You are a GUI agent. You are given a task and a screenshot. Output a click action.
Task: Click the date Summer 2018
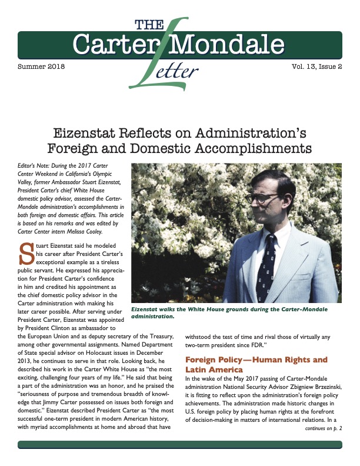click(42, 66)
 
